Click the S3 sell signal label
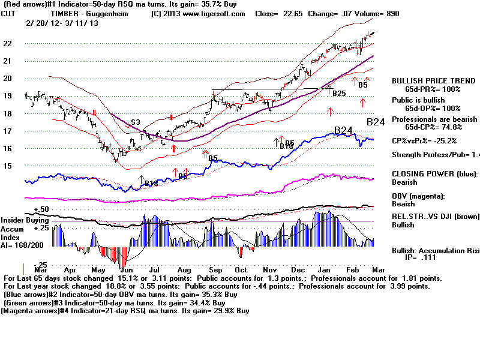(x=137, y=122)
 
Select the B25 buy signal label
(x=339, y=94)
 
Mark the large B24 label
(x=343, y=130)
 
